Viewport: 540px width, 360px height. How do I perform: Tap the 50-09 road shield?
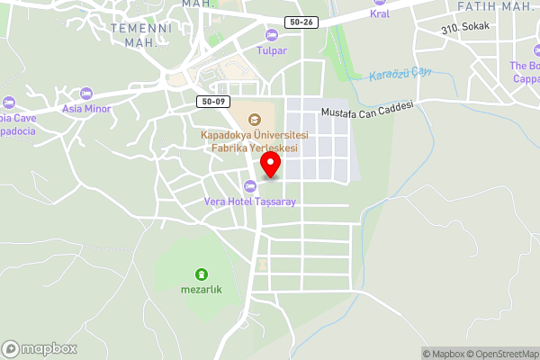213,103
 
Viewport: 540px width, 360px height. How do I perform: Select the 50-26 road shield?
301,22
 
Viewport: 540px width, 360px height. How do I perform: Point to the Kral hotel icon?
379,2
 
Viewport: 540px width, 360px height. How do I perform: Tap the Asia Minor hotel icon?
86,94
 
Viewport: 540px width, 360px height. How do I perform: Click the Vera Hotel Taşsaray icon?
250,186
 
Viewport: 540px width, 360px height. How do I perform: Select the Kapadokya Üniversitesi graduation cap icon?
255,118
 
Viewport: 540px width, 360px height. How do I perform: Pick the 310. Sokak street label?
465,26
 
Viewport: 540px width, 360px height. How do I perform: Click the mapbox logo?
40,349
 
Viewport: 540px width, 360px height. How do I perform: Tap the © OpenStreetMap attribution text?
499,354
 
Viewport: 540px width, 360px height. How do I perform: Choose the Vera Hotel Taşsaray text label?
250,202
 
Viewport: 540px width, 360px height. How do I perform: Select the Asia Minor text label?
85,109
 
